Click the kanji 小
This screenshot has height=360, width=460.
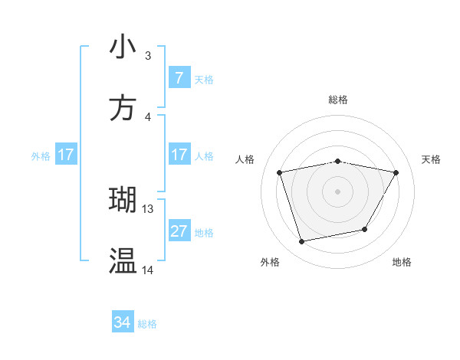tap(123, 47)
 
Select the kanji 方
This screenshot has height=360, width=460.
tap(123, 108)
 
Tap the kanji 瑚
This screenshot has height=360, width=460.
tap(123, 200)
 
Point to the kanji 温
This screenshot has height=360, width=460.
tap(123, 261)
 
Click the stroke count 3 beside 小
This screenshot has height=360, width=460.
tap(148, 56)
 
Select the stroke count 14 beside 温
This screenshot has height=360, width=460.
tap(148, 270)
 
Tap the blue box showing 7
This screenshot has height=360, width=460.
tap(179, 78)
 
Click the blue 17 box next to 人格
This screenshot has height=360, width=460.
tap(179, 155)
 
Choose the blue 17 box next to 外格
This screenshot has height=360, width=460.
tap(66, 155)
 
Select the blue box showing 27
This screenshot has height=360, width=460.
tap(179, 231)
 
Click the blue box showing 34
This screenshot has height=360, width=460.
tap(123, 322)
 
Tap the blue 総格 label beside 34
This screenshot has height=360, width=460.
tap(147, 324)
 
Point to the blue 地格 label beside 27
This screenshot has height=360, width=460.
tap(204, 233)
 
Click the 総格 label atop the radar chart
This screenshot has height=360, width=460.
tap(337, 100)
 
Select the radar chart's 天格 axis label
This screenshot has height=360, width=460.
tap(432, 159)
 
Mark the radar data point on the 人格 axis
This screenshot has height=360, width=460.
tap(280, 172)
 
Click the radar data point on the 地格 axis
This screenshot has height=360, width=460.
tap(365, 229)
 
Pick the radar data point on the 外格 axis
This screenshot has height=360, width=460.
tap(302, 241)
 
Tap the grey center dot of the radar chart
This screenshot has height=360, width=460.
tap(337, 191)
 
